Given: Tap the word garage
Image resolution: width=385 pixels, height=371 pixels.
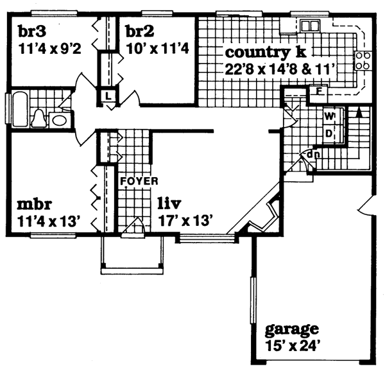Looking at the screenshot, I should (x=291, y=331).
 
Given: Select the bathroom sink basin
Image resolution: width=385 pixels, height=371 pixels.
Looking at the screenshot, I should (x=59, y=120).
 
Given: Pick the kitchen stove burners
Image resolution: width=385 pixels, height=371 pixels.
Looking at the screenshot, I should (x=363, y=60).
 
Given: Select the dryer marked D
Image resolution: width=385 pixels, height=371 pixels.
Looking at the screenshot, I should (x=329, y=133).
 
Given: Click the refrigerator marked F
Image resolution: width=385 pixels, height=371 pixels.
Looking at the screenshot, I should (x=317, y=92).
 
